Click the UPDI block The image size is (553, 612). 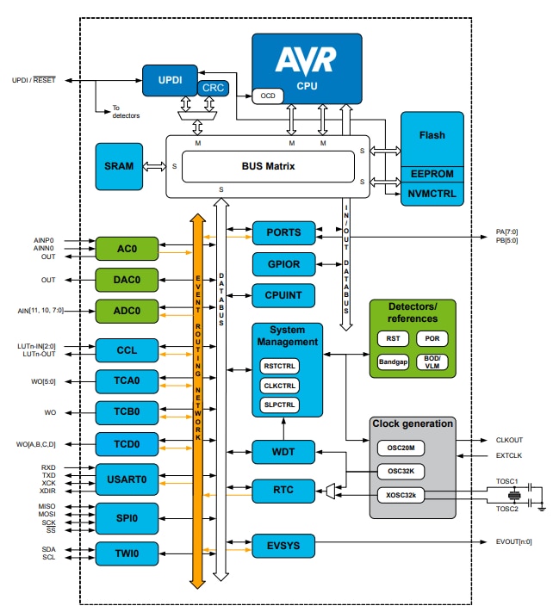[x=170, y=79]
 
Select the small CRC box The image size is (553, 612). [x=213, y=88]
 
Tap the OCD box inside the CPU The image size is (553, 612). [x=267, y=96]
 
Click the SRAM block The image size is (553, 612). [x=119, y=166]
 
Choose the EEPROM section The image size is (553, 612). [x=432, y=175]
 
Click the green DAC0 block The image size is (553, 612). [x=127, y=280]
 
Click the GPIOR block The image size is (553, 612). [x=283, y=263]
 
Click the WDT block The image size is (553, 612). [x=283, y=452]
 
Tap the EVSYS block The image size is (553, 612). [x=283, y=545]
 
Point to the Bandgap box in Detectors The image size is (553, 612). [x=393, y=362]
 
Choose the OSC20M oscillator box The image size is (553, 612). [x=401, y=448]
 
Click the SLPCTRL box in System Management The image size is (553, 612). [x=280, y=405]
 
